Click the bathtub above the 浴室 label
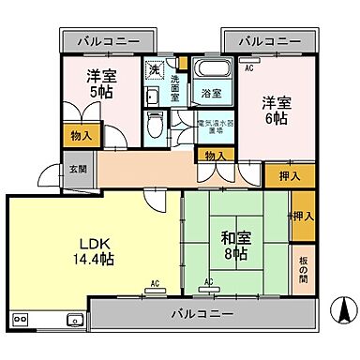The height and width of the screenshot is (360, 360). click(x=209, y=69)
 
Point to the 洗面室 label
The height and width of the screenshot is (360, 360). click(x=174, y=85)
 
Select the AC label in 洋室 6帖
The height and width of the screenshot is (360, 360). click(x=248, y=68)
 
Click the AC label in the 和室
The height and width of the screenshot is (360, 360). click(x=208, y=281)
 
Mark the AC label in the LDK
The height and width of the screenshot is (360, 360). click(x=154, y=281)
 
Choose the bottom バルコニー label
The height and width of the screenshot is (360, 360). click(x=202, y=313)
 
